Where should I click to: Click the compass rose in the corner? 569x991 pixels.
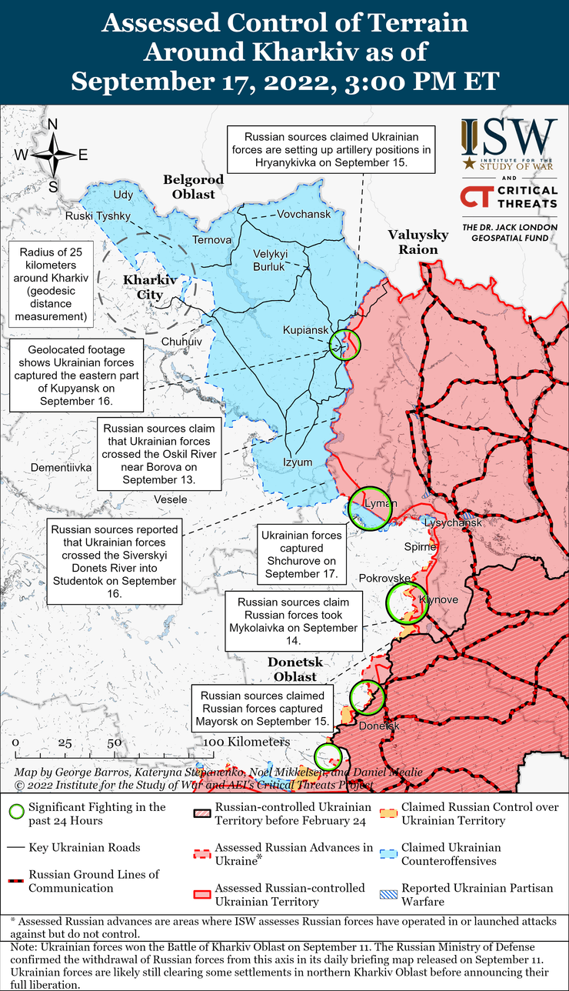52,155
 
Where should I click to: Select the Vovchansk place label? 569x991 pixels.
304,214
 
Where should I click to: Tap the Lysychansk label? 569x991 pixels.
454,523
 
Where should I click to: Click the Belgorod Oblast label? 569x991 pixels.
193,186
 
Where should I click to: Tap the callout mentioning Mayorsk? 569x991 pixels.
263,708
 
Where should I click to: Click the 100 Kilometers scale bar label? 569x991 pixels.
246,742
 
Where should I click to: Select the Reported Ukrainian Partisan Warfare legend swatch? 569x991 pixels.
389,894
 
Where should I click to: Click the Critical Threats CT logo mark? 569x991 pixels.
473,197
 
